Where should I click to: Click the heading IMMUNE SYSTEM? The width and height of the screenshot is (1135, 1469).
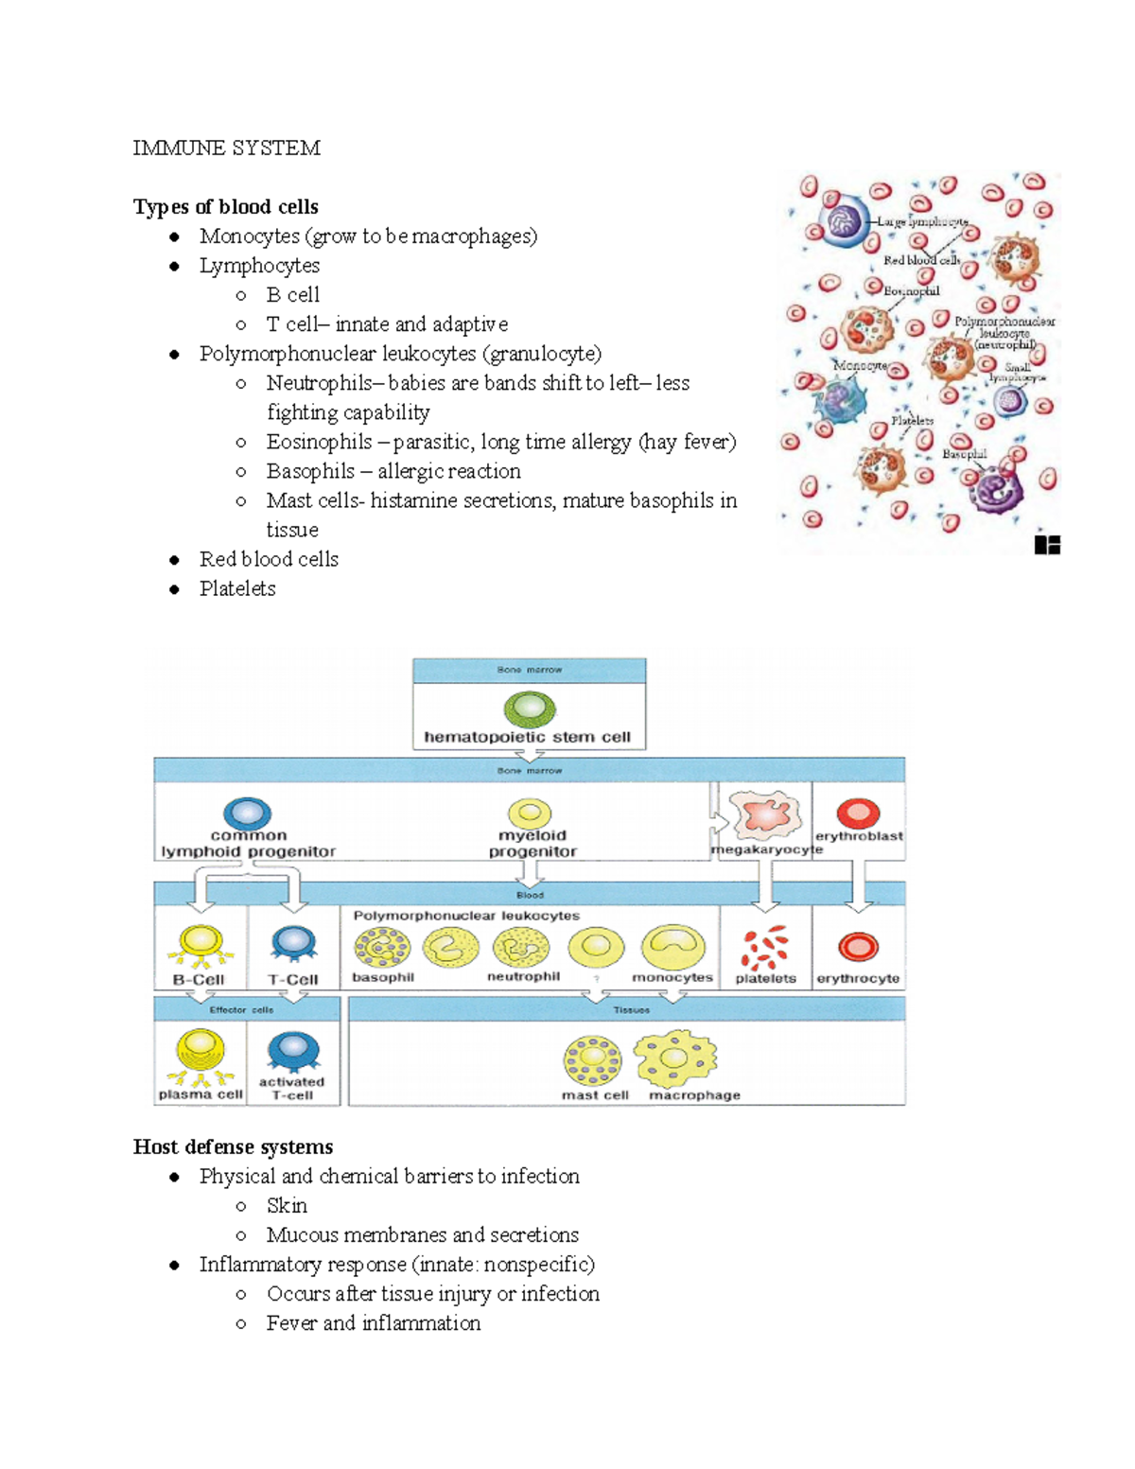coord(226,149)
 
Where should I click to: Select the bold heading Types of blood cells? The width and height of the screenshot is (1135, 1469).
coord(225,207)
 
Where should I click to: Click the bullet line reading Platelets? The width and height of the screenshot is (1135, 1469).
coord(237,588)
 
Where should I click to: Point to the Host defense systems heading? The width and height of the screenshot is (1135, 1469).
coord(233,1147)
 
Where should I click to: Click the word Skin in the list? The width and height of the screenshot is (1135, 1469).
coord(287,1206)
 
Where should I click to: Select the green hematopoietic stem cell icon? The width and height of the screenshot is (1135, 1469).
coord(529,708)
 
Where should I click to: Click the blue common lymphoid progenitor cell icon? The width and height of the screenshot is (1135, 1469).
coord(248,813)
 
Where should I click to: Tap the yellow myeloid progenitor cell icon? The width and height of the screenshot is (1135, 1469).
coord(531,813)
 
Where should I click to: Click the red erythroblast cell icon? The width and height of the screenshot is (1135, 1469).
coord(858,813)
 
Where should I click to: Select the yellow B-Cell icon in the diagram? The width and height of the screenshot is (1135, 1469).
coord(200,943)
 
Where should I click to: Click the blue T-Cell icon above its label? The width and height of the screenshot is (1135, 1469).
coord(293,943)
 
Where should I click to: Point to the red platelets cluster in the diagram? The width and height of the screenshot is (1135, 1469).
coord(764,948)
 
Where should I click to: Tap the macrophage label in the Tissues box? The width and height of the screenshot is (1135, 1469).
coord(694,1095)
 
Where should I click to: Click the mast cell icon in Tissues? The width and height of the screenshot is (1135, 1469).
coord(593,1059)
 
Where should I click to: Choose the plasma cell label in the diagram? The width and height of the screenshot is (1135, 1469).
coord(201,1094)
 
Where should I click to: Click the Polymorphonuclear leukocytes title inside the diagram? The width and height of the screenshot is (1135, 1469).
coord(466,916)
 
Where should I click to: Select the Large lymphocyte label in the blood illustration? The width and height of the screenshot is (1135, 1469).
coord(921,221)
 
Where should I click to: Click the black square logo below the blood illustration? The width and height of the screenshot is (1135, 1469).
coord(1047,545)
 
